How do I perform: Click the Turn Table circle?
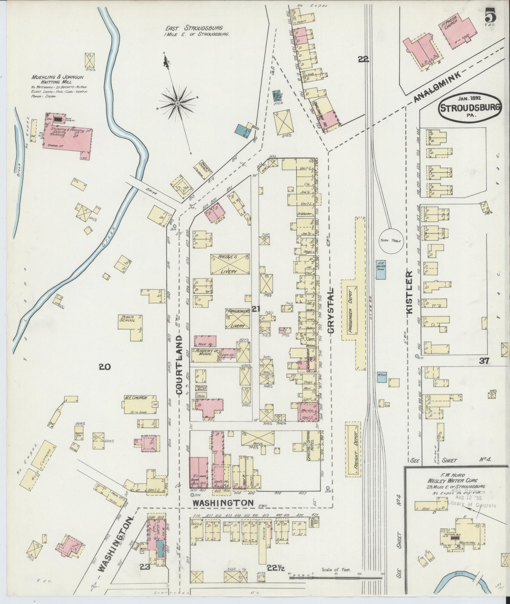[x=390, y=240]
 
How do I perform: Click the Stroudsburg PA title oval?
[x=470, y=109]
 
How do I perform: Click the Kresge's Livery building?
[x=230, y=264]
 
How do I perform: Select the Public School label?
[x=127, y=318]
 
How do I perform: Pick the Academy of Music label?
[x=207, y=352]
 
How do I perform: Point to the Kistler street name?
[x=410, y=291]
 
